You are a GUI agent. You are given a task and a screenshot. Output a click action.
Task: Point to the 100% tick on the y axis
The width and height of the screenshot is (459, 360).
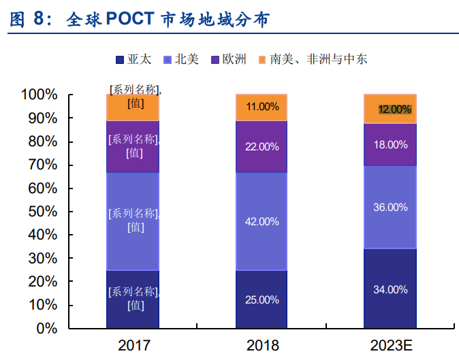(39, 95)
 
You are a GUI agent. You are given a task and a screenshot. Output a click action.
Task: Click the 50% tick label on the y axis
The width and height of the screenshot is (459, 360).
(43, 212)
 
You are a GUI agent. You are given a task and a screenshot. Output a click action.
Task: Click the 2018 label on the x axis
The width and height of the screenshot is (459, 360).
(262, 345)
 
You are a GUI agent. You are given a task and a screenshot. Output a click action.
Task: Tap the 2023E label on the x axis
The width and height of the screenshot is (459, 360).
(390, 345)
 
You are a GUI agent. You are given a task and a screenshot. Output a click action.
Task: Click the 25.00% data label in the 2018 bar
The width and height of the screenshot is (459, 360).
(262, 299)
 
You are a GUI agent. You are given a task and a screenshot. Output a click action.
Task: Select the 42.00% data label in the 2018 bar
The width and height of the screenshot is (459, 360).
(262, 221)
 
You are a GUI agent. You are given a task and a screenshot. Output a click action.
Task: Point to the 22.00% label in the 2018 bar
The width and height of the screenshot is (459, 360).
(262, 146)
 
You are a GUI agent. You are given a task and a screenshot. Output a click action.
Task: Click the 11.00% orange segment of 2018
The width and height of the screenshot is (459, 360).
(262, 107)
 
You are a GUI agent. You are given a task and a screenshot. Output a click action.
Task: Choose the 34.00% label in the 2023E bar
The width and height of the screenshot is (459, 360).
(390, 289)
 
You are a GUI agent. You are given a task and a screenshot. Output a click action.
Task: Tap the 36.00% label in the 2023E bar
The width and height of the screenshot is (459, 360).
(390, 207)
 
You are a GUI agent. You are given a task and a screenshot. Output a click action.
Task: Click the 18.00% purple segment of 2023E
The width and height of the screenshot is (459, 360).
(390, 145)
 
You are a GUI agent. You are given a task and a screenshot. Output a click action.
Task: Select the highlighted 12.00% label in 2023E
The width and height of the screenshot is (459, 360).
(395, 109)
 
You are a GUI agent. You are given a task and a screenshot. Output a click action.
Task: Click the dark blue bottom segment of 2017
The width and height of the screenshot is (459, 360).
(133, 299)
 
